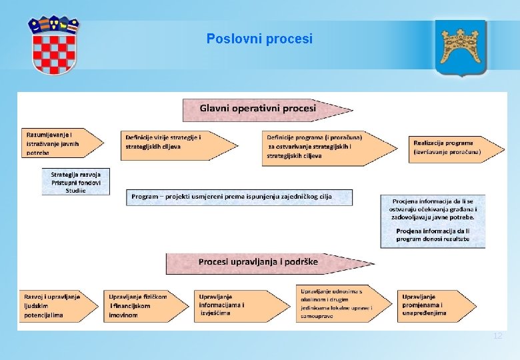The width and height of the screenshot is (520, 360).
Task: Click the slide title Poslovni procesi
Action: [x=259, y=39]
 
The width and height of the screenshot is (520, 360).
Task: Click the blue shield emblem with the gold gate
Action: [x=461, y=48]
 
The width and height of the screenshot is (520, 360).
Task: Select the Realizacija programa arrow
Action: [x=451, y=147]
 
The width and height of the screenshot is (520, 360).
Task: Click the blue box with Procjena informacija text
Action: [x=433, y=219]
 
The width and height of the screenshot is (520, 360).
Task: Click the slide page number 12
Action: [x=497, y=336]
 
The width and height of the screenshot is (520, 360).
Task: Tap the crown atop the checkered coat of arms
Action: [x=53, y=26]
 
